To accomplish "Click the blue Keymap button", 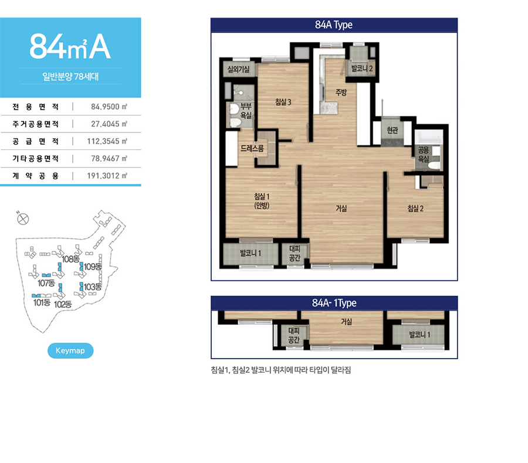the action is point(70,350).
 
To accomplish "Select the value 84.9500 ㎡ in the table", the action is point(109,107).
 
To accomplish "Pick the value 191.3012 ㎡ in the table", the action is point(107,176).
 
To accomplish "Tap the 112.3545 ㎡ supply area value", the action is point(107,141).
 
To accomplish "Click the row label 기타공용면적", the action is point(36,158).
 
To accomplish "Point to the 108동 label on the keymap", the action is point(71,259).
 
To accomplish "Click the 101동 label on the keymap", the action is point(42,302).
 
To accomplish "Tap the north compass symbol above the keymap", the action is point(22,219).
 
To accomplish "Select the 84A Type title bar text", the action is point(334,25).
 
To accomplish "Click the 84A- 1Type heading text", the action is point(334,303).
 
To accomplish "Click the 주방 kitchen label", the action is point(341,92).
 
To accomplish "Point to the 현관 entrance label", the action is point(392,130).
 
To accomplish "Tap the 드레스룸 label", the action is point(252,148).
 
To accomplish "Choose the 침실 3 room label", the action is point(283,102).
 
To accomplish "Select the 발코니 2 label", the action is point(362,69).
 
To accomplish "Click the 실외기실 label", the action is point(238,69).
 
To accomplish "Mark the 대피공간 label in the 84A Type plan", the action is point(295,253).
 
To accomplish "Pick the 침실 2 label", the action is point(415,209).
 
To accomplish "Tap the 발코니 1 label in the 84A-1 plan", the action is point(419,335).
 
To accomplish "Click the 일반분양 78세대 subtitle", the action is point(70,76).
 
